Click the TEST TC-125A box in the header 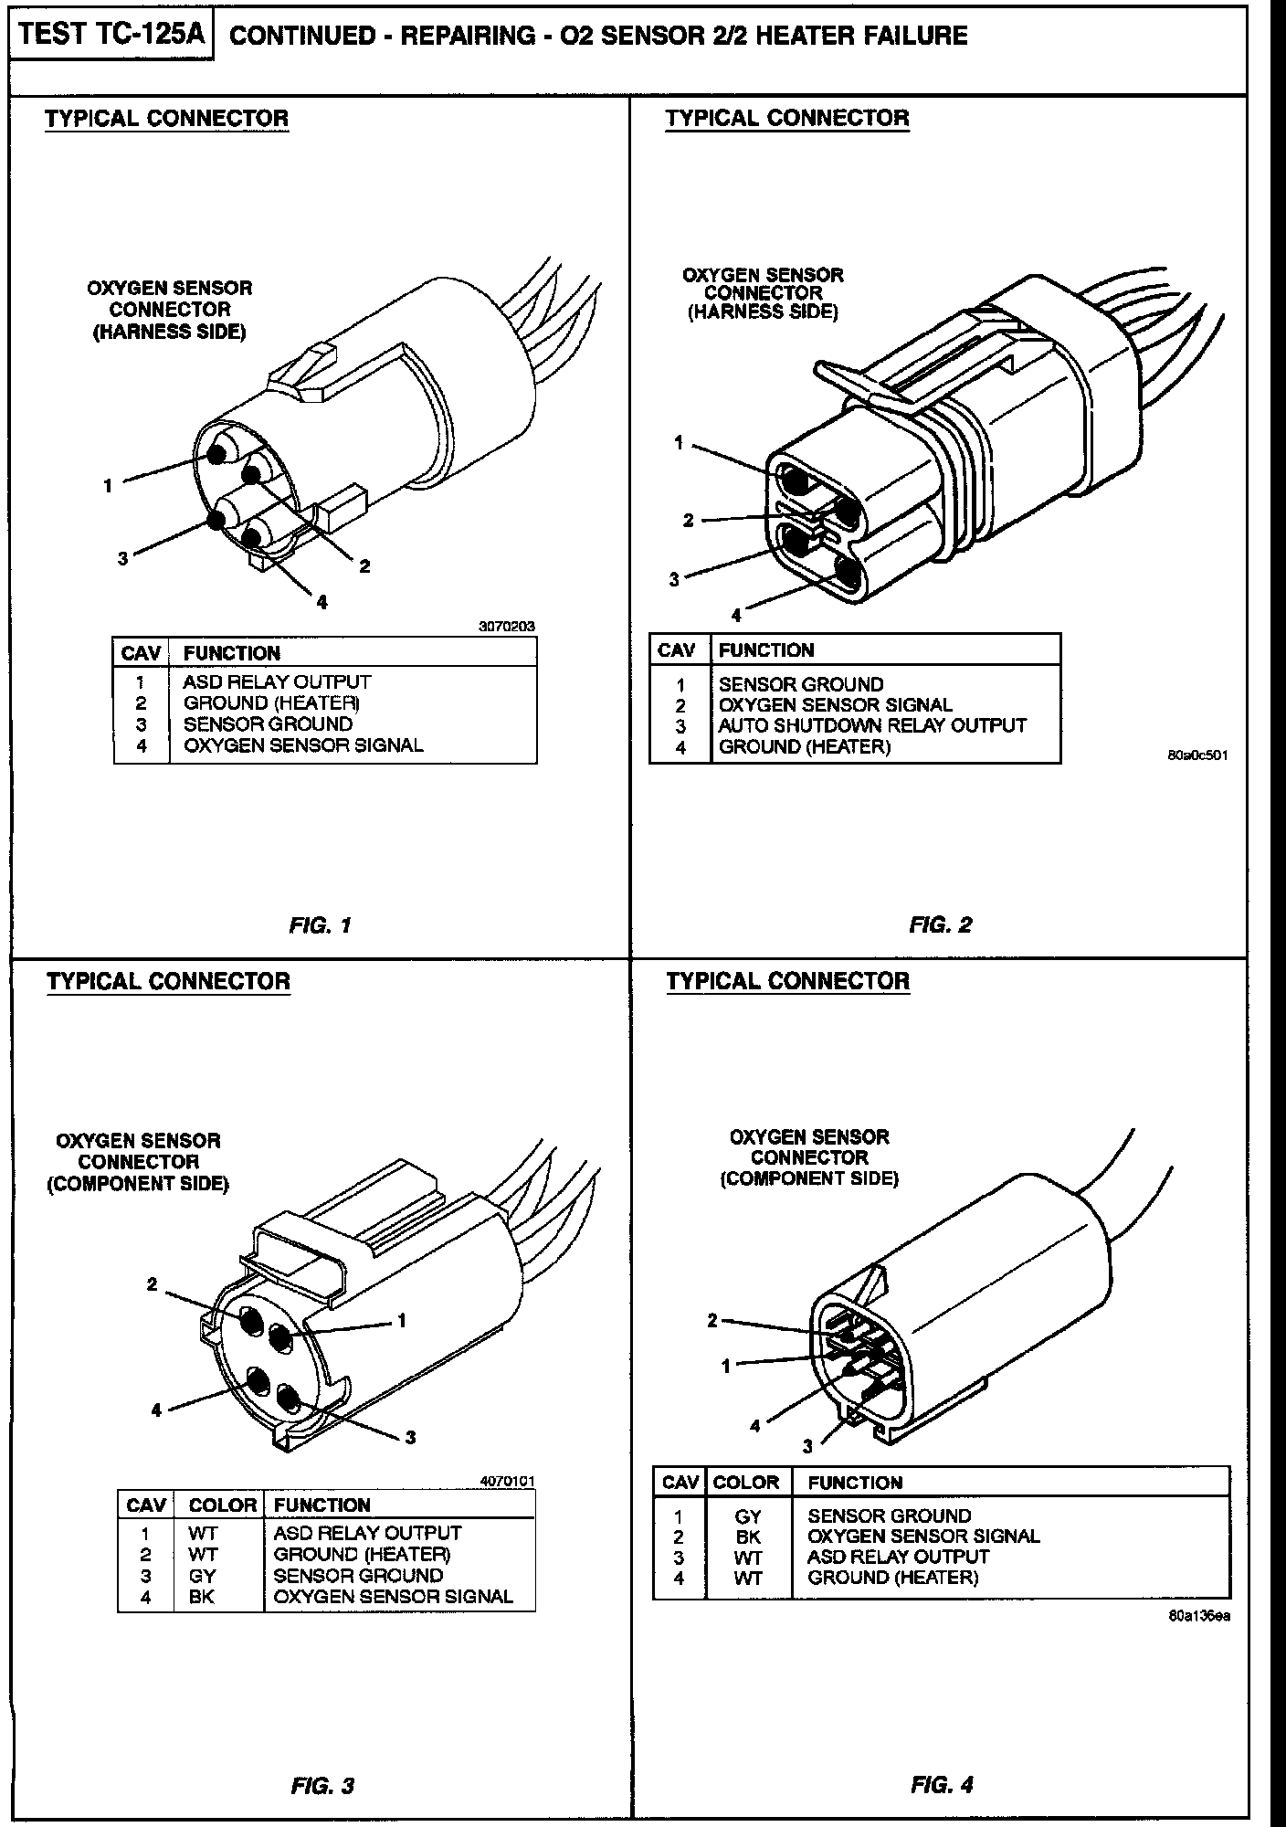click(x=111, y=36)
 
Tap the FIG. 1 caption click(x=320, y=925)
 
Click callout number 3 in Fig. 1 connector click(x=122, y=558)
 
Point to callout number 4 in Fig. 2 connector click(x=736, y=615)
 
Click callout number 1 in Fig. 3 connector click(x=401, y=1320)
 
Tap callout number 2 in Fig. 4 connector click(x=712, y=1320)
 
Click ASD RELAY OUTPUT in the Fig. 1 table click(x=277, y=681)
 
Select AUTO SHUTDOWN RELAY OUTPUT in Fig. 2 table click(x=872, y=725)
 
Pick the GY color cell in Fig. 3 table click(x=202, y=1576)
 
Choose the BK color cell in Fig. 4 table click(x=748, y=1537)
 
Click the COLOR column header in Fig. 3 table click(x=222, y=1505)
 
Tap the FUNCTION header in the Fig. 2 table click(x=765, y=650)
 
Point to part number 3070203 click(x=507, y=627)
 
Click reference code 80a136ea click(x=1198, y=1615)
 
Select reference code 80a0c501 click(x=1196, y=755)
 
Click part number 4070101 click(x=507, y=1481)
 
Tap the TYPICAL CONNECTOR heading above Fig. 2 click(x=787, y=118)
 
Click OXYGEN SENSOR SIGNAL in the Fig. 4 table click(x=923, y=1537)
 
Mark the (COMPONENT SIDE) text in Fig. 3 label click(x=138, y=1184)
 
